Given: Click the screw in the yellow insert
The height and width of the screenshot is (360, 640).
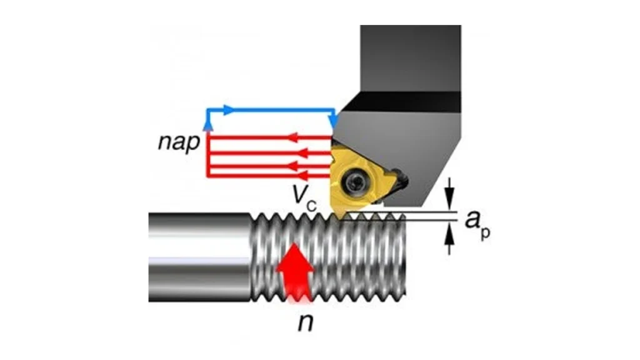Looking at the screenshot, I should (x=358, y=181).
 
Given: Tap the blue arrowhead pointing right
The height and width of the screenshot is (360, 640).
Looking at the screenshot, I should (x=229, y=110).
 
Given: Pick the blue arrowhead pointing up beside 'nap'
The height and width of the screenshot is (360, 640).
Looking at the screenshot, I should (x=209, y=124).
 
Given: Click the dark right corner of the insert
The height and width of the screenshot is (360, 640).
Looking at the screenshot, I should (x=400, y=181).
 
